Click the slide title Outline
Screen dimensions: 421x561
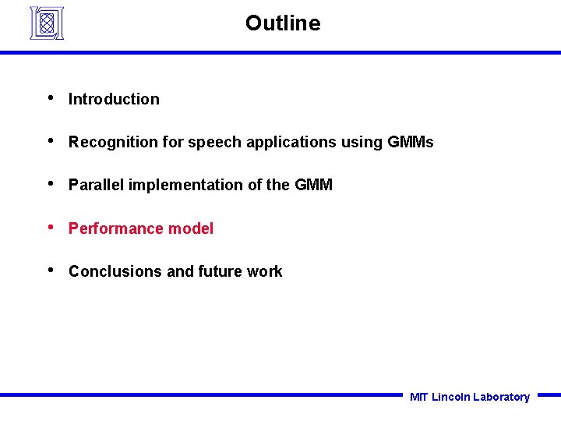tap(282, 23)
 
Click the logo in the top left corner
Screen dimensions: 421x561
tap(46, 23)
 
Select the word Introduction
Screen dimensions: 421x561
tap(114, 99)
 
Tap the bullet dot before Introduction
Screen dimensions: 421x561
tap(50, 97)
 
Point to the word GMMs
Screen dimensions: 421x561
tap(410, 142)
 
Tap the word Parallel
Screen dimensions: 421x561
tap(97, 185)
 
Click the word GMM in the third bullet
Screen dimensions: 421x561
tap(313, 185)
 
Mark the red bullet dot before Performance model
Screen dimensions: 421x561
tap(50, 227)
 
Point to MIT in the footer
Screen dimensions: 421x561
tap(418, 397)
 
